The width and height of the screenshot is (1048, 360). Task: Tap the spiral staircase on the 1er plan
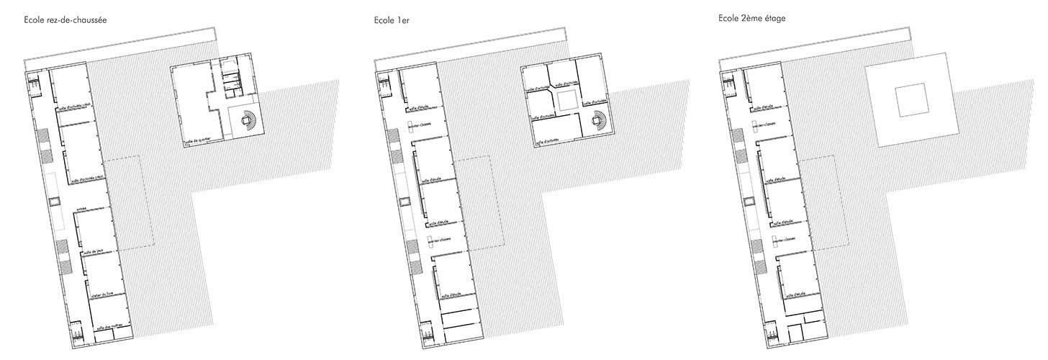[599, 119]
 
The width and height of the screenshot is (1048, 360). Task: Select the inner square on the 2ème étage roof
[911, 100]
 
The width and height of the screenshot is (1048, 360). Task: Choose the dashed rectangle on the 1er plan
[478, 204]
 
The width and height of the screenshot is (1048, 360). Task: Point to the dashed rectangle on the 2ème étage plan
[823, 204]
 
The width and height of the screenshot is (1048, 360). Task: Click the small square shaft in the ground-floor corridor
[55, 202]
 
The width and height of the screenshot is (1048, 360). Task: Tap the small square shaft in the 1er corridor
[405, 202]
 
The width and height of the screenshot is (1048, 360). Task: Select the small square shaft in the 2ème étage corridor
[749, 202]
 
